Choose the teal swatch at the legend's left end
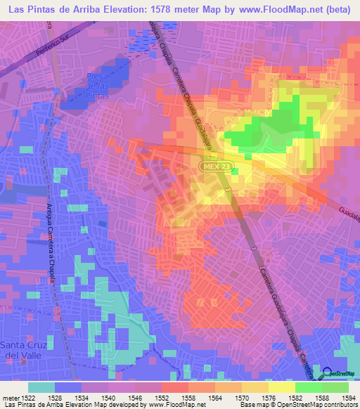point(41,387)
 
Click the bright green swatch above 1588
point(308,387)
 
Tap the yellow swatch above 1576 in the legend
point(255,387)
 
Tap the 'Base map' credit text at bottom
point(252,405)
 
